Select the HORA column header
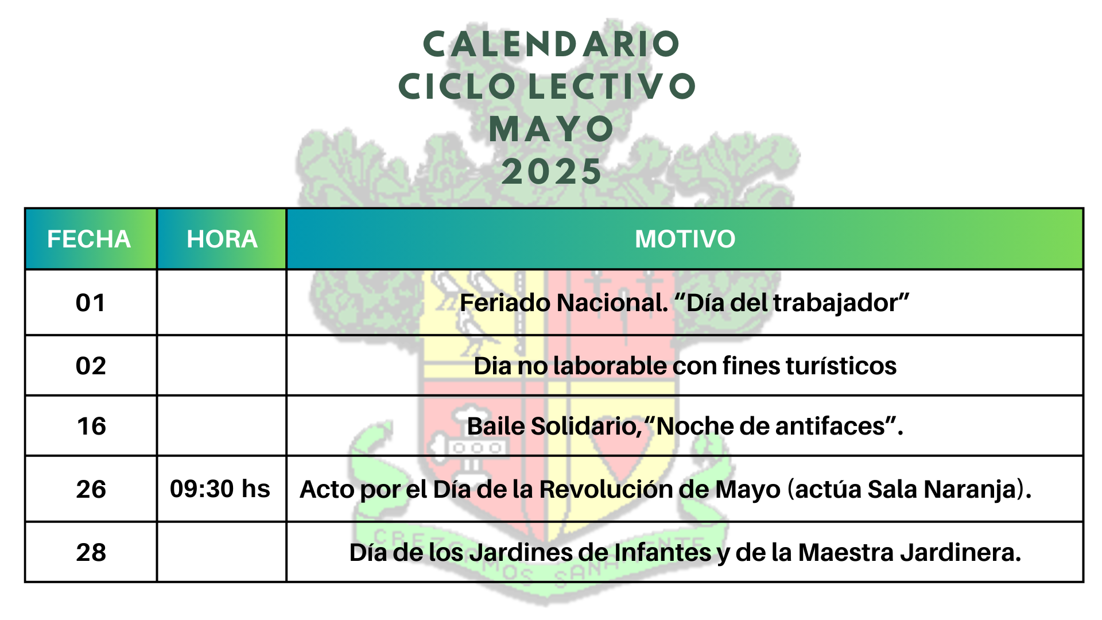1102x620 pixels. (x=222, y=239)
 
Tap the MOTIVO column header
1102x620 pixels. (x=685, y=239)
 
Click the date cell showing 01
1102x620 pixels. (x=91, y=303)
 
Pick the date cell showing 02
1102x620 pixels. (x=91, y=366)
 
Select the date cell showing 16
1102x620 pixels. (x=91, y=427)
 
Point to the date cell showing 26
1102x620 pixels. (x=91, y=490)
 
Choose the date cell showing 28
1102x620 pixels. (x=91, y=553)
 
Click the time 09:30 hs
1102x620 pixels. (x=220, y=489)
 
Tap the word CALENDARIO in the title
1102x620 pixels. (x=551, y=45)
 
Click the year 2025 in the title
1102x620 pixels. (x=552, y=172)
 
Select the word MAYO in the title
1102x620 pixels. (x=552, y=129)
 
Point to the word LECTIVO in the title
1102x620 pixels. (x=612, y=87)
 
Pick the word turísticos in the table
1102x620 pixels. (x=841, y=366)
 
